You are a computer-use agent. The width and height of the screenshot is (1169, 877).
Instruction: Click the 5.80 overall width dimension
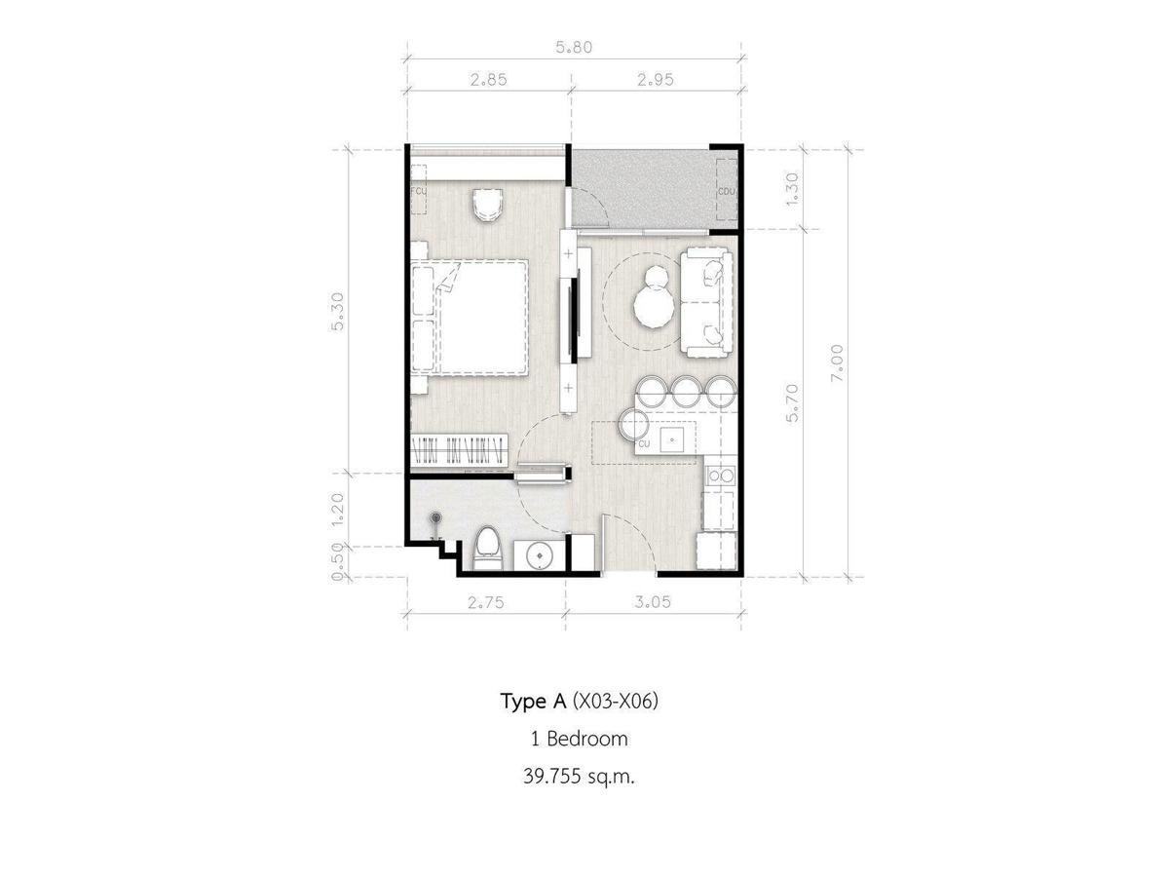pyautogui.click(x=574, y=48)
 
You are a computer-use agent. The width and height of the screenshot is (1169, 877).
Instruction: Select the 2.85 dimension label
pyautogui.click(x=488, y=80)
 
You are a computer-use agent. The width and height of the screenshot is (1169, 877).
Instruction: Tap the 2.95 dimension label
pyautogui.click(x=655, y=80)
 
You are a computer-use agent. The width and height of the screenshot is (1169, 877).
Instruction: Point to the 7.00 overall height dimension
pyautogui.click(x=837, y=362)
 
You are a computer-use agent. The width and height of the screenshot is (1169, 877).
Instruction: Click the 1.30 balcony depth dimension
pyautogui.click(x=792, y=188)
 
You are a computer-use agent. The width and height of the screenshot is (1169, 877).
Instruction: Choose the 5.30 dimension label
pyautogui.click(x=338, y=312)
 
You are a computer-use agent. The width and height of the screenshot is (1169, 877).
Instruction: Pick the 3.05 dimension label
pyautogui.click(x=653, y=601)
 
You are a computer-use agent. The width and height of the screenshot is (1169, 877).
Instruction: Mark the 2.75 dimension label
pyautogui.click(x=486, y=602)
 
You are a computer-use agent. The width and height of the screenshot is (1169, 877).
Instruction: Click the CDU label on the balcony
pyautogui.click(x=727, y=192)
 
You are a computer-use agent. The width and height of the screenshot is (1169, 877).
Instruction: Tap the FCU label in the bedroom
pyautogui.click(x=419, y=191)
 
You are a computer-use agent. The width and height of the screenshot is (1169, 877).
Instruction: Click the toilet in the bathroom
pyautogui.click(x=487, y=548)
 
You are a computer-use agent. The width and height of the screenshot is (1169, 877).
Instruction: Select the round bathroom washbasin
pyautogui.click(x=539, y=555)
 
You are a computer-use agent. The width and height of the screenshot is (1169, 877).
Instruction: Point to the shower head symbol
pyautogui.click(x=436, y=516)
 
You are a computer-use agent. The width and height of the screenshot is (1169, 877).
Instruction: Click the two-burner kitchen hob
pyautogui.click(x=721, y=475)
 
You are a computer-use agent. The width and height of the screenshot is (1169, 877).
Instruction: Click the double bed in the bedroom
pyautogui.click(x=470, y=318)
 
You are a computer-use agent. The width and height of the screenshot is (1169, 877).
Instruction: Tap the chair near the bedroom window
pyautogui.click(x=487, y=205)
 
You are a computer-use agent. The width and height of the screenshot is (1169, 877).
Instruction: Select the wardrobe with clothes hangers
pyautogui.click(x=459, y=450)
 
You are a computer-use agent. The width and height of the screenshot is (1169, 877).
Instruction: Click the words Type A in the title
pyautogui.click(x=533, y=703)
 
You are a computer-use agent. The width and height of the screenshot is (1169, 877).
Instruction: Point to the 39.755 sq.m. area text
pyautogui.click(x=579, y=777)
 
